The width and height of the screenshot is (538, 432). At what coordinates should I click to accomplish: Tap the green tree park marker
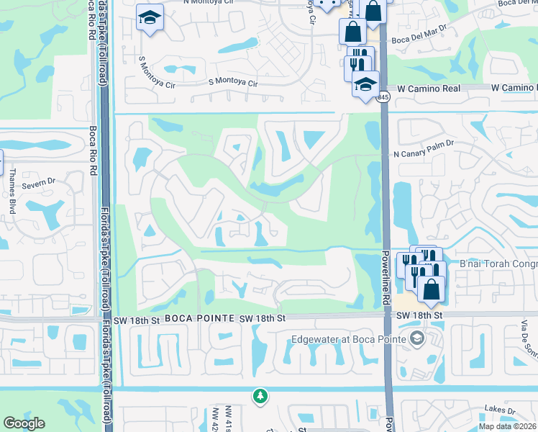260,396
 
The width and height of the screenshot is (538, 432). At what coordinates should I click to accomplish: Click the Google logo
24,423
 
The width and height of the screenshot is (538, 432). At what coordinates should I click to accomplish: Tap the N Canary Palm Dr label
424,154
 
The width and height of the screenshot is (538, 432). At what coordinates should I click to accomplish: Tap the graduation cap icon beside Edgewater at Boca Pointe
416,338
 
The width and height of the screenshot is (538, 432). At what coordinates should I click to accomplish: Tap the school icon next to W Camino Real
365,84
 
